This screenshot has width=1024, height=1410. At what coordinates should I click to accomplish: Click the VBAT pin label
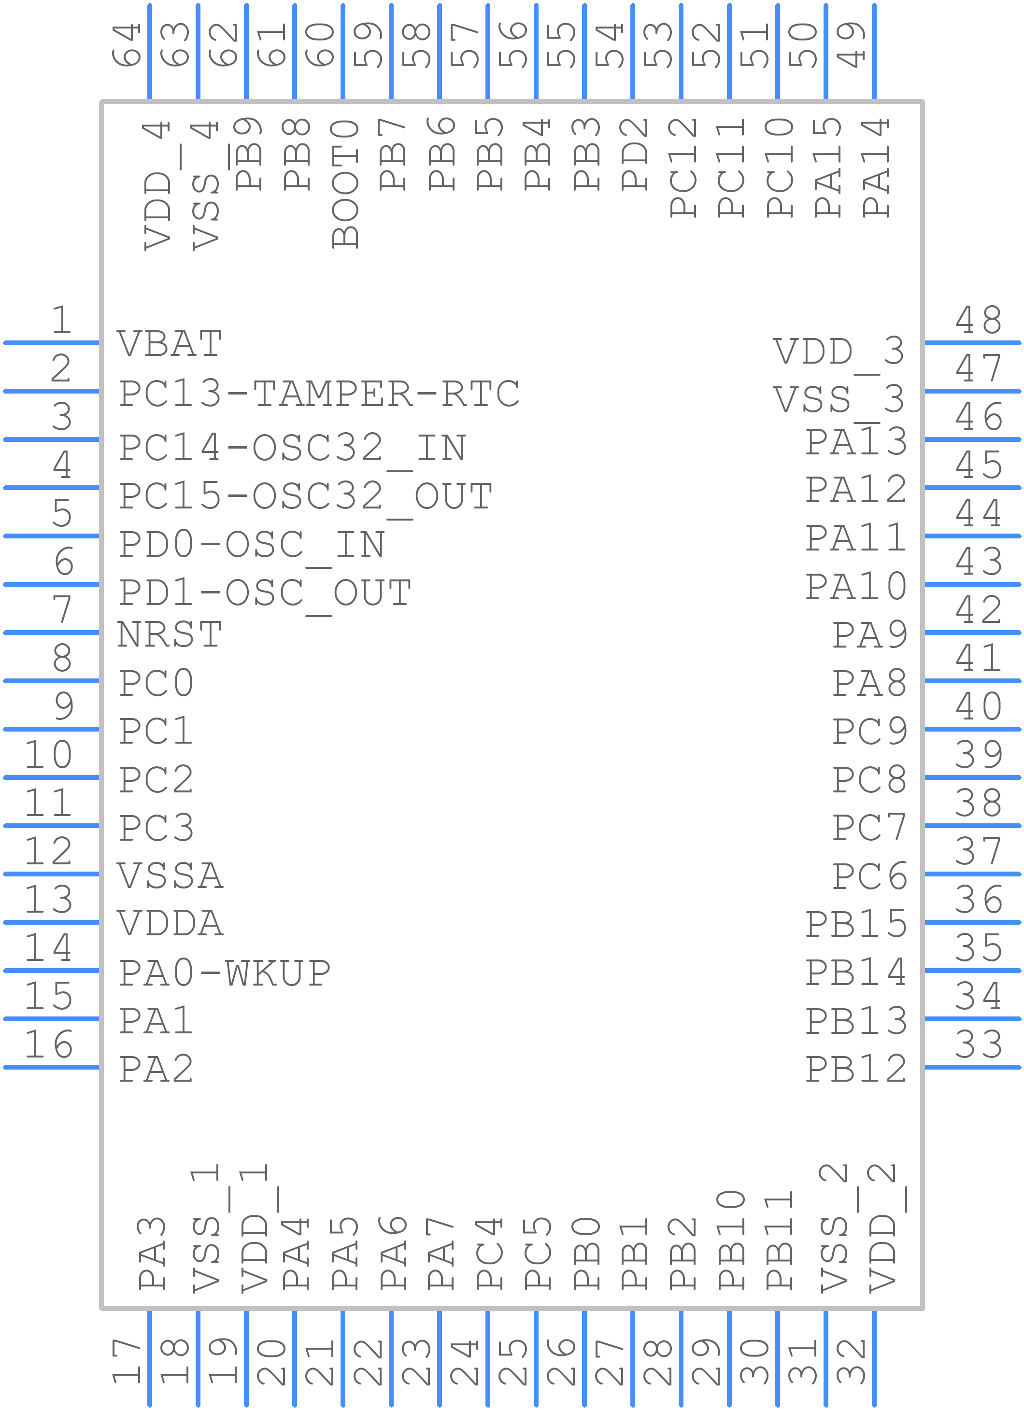pos(170,344)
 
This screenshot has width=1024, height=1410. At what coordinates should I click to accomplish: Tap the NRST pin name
pos(170,635)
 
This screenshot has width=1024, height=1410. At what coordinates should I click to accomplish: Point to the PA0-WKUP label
pos(225,973)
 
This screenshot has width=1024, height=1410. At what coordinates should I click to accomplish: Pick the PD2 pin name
pos(635,154)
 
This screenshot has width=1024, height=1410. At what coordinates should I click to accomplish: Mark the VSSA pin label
pos(170,876)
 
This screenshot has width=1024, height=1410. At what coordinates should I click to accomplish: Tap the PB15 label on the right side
pos(856,924)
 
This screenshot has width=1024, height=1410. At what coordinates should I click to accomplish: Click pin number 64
pos(127,45)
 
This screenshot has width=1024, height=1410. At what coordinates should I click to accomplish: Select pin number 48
pos(979,320)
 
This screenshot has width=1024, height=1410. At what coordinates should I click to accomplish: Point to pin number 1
pos(61,320)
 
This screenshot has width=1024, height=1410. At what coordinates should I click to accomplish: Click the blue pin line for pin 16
pos(51,1068)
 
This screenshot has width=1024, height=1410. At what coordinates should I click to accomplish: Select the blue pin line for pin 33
pos(973,1068)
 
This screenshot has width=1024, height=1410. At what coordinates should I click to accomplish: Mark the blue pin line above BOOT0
pos(342,51)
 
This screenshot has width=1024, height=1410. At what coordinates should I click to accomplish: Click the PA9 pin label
pos(870,635)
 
